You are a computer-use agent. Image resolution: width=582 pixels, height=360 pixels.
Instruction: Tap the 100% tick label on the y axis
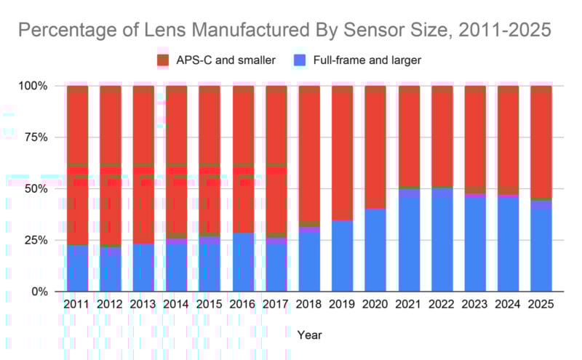32,86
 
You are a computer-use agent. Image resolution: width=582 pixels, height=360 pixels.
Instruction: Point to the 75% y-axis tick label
35,137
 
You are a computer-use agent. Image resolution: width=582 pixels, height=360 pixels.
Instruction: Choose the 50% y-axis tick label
35,189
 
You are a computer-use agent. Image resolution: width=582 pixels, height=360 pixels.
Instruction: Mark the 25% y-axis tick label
35,240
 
